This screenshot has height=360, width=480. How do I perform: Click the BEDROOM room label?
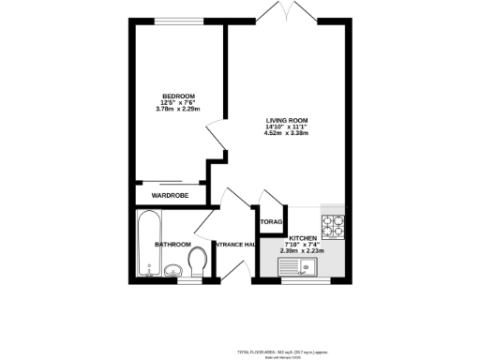(x=177, y=97)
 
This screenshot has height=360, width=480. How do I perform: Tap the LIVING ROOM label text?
(x=286, y=120)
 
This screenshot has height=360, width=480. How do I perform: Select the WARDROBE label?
(x=170, y=195)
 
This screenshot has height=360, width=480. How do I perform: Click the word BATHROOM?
(x=172, y=245)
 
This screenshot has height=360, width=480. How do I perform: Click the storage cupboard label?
(x=272, y=222)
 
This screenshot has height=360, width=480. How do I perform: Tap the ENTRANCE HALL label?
(x=235, y=245)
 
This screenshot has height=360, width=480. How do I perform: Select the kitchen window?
(x=304, y=280)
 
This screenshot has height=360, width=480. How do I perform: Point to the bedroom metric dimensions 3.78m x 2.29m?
(x=177, y=111)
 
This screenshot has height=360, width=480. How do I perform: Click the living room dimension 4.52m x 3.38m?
(x=286, y=133)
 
